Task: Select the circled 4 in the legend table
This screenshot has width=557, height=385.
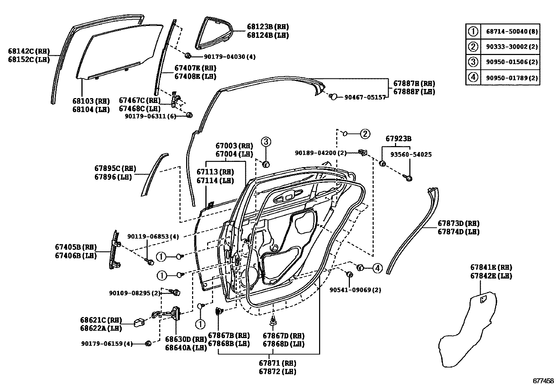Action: [473, 77]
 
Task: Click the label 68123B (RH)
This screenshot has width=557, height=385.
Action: [268, 27]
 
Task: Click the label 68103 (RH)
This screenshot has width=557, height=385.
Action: [91, 101]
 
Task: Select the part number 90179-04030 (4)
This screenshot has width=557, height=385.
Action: [230, 56]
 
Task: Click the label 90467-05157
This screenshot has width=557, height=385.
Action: [365, 97]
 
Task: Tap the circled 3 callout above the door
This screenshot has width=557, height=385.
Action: [266, 142]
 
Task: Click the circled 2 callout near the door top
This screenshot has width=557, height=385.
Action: [365, 133]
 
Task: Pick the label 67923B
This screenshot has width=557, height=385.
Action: [398, 139]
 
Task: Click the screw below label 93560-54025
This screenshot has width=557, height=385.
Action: [409, 178]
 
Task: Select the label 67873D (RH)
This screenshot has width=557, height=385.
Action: [458, 224]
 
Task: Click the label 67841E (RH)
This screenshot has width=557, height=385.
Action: [491, 268]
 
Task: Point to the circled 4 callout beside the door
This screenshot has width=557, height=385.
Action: [377, 268]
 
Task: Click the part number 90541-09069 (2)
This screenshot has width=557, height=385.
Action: [355, 290]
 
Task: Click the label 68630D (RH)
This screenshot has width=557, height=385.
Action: [185, 339]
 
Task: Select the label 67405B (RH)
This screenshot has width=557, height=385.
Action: [76, 247]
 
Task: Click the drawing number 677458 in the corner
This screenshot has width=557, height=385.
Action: [543, 380]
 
